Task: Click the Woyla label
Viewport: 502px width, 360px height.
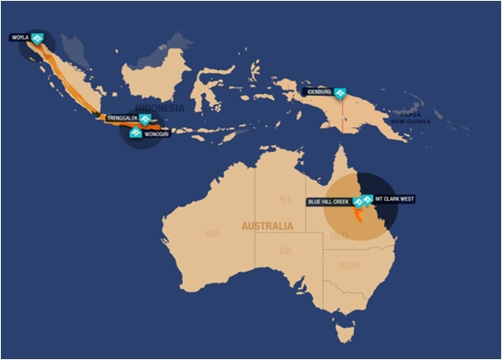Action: (x=20, y=37)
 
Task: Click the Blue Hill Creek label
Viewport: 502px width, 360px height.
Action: (x=329, y=202)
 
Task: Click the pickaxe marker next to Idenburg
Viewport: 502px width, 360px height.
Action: (x=341, y=93)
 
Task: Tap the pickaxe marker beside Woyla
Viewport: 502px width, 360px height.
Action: (x=37, y=38)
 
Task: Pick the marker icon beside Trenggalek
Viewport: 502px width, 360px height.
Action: (x=145, y=120)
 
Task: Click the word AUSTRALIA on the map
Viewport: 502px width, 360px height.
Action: (x=267, y=227)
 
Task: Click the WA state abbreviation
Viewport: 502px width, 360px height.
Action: (x=212, y=233)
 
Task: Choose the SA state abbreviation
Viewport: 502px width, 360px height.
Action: (x=285, y=251)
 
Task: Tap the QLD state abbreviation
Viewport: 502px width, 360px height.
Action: (x=338, y=235)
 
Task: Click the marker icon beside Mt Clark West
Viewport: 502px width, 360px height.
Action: (x=367, y=200)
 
